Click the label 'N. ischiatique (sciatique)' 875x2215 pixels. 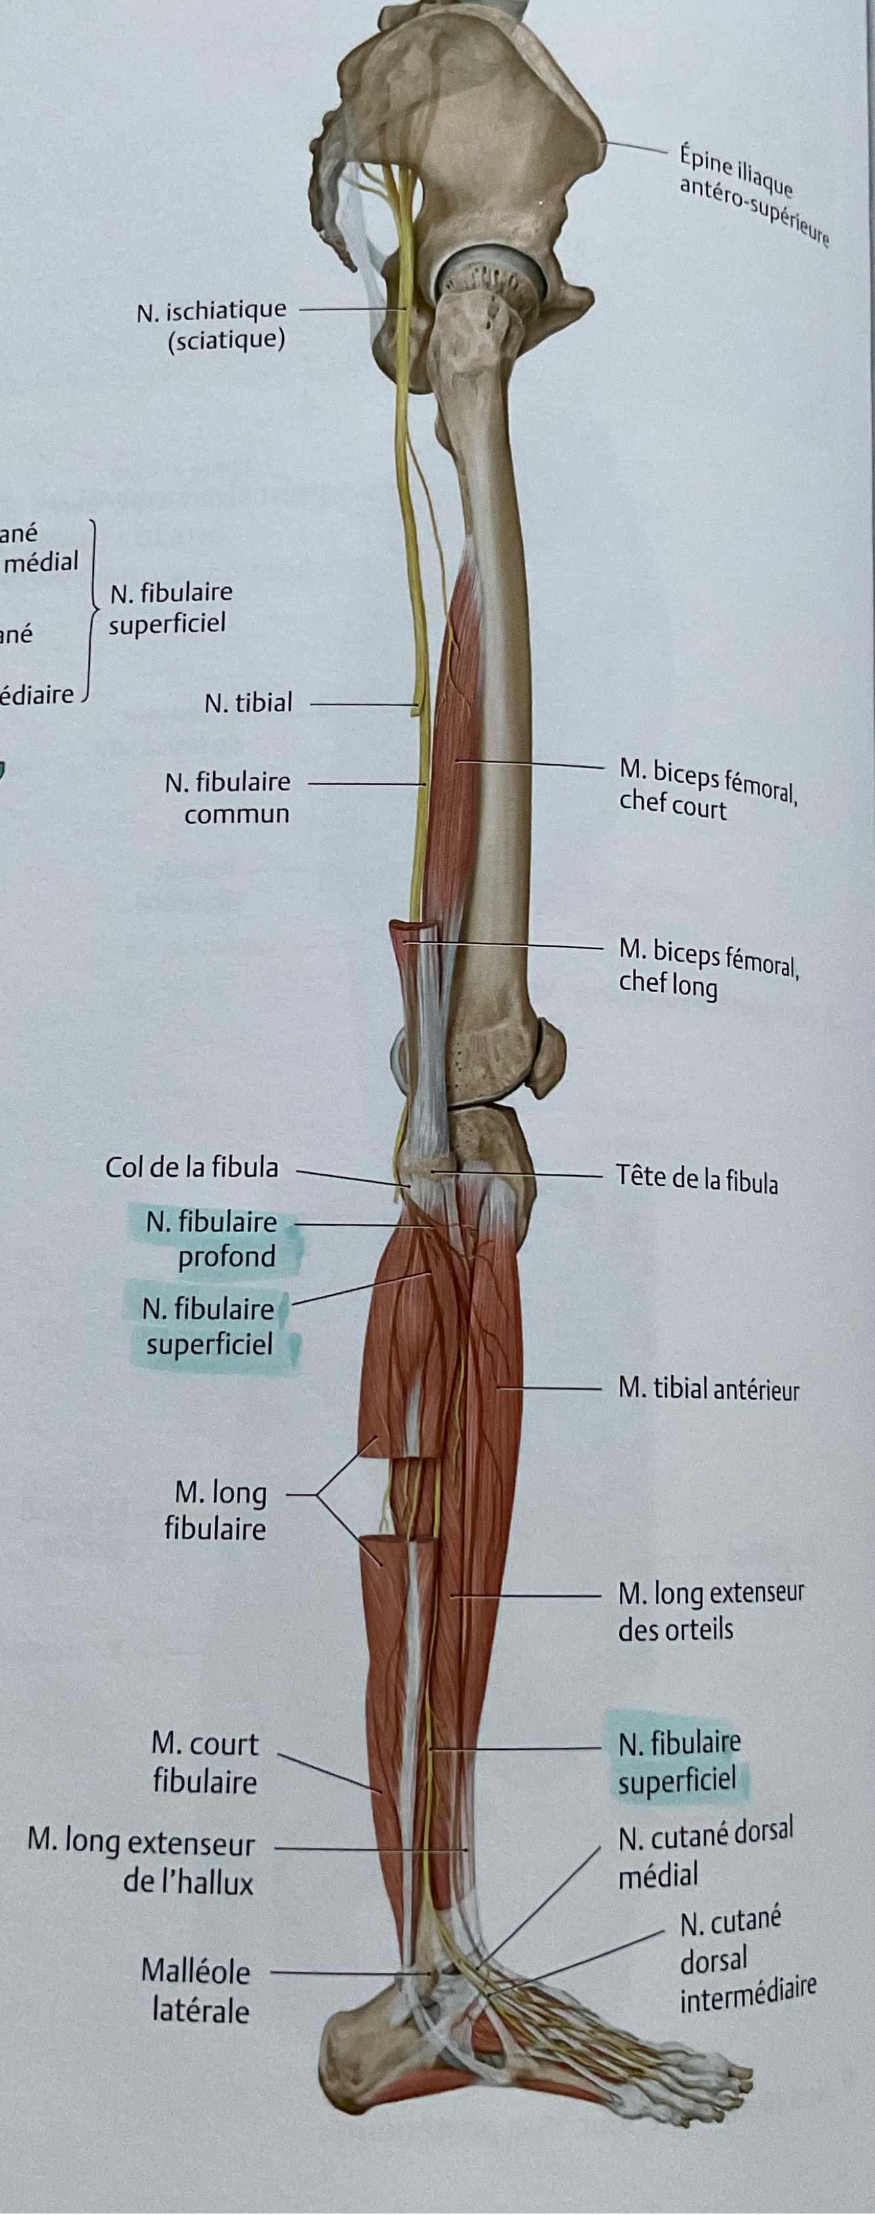pyautogui.click(x=211, y=325)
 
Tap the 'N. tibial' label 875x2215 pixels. pyautogui.click(x=249, y=703)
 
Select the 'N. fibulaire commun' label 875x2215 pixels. pyautogui.click(x=228, y=798)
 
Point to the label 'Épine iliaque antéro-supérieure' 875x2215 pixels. pyautogui.click(x=753, y=196)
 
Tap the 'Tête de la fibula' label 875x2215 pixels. pyautogui.click(x=696, y=1177)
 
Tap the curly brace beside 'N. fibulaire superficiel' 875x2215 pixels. pyautogui.click(x=91, y=610)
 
